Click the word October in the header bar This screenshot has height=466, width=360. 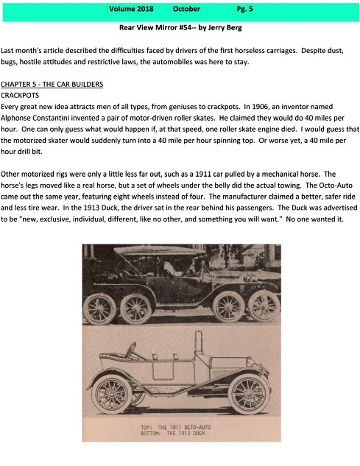186,9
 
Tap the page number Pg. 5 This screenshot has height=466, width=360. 244,9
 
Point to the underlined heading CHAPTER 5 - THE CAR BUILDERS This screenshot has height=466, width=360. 52,84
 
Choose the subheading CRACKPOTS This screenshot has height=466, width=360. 20,96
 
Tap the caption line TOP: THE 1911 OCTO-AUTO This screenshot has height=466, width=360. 176,427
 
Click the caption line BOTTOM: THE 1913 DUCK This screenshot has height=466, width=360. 176,433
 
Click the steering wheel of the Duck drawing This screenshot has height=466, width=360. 130,350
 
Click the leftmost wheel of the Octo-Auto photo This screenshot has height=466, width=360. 100,308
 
